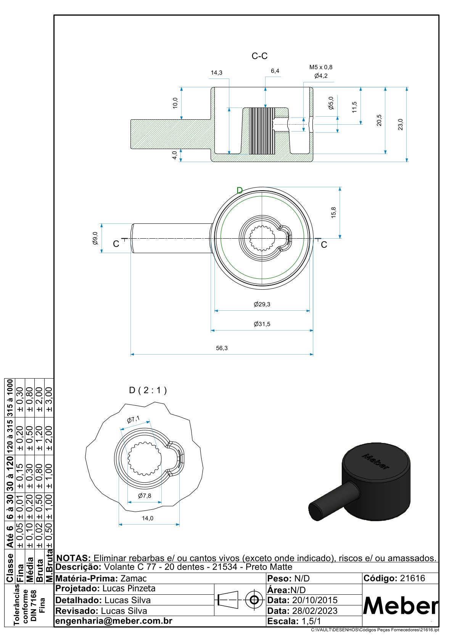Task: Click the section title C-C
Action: pos(259,56)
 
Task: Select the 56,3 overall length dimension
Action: pos(222,348)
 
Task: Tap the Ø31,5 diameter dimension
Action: pos(262,324)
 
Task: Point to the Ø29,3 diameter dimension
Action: pos(262,304)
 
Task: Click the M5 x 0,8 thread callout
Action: pos(320,67)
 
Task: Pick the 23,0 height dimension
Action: pos(400,125)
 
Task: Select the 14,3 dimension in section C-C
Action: pos(216,72)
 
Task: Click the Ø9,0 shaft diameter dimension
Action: pos(95,238)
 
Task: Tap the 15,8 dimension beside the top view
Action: pos(333,212)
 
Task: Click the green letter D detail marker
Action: pos(240,191)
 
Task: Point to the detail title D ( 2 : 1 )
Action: pos(148,390)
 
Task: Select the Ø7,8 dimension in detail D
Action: pos(145,496)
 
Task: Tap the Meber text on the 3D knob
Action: pos(376,461)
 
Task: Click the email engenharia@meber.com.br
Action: pos(114,621)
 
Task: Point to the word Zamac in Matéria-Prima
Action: pos(134,578)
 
